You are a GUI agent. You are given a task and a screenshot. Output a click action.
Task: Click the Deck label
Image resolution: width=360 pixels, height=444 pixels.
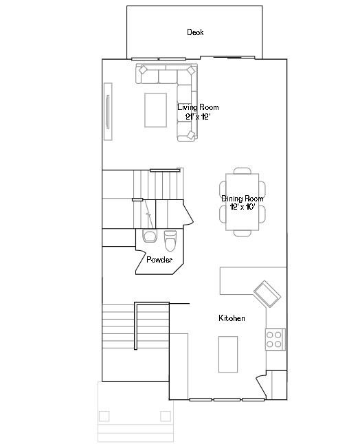[195, 32]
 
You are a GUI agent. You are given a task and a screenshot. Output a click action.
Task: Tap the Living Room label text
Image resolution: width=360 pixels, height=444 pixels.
[198, 108]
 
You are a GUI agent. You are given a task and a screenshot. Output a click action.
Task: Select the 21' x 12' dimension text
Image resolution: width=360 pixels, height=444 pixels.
[197, 117]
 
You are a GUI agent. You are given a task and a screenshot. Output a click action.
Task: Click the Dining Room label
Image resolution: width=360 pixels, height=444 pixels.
[242, 199]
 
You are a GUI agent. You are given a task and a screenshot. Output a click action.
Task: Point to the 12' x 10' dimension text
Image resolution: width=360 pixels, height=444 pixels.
[243, 207]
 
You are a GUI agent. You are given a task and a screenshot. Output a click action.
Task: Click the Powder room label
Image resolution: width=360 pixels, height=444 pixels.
[159, 260]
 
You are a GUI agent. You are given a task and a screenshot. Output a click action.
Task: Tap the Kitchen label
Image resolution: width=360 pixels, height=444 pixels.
[232, 318]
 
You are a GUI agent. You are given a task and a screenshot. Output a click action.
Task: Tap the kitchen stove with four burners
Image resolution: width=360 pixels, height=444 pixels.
[275, 338]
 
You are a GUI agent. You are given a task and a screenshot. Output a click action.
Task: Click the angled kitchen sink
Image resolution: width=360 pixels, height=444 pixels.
[267, 294]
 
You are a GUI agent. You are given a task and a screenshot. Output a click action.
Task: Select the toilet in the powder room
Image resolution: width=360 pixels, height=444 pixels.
[170, 241]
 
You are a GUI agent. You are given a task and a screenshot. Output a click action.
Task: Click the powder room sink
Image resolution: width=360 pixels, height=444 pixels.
[149, 237]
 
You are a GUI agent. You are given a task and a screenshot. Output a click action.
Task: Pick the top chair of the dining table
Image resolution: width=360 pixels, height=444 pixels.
[242, 171]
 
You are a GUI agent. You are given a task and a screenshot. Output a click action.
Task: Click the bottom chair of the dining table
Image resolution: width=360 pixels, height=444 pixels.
[242, 232]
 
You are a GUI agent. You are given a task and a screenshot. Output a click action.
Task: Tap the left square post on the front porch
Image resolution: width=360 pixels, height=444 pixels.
[104, 416]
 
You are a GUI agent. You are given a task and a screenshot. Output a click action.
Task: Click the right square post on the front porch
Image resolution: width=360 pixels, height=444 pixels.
[165, 416]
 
